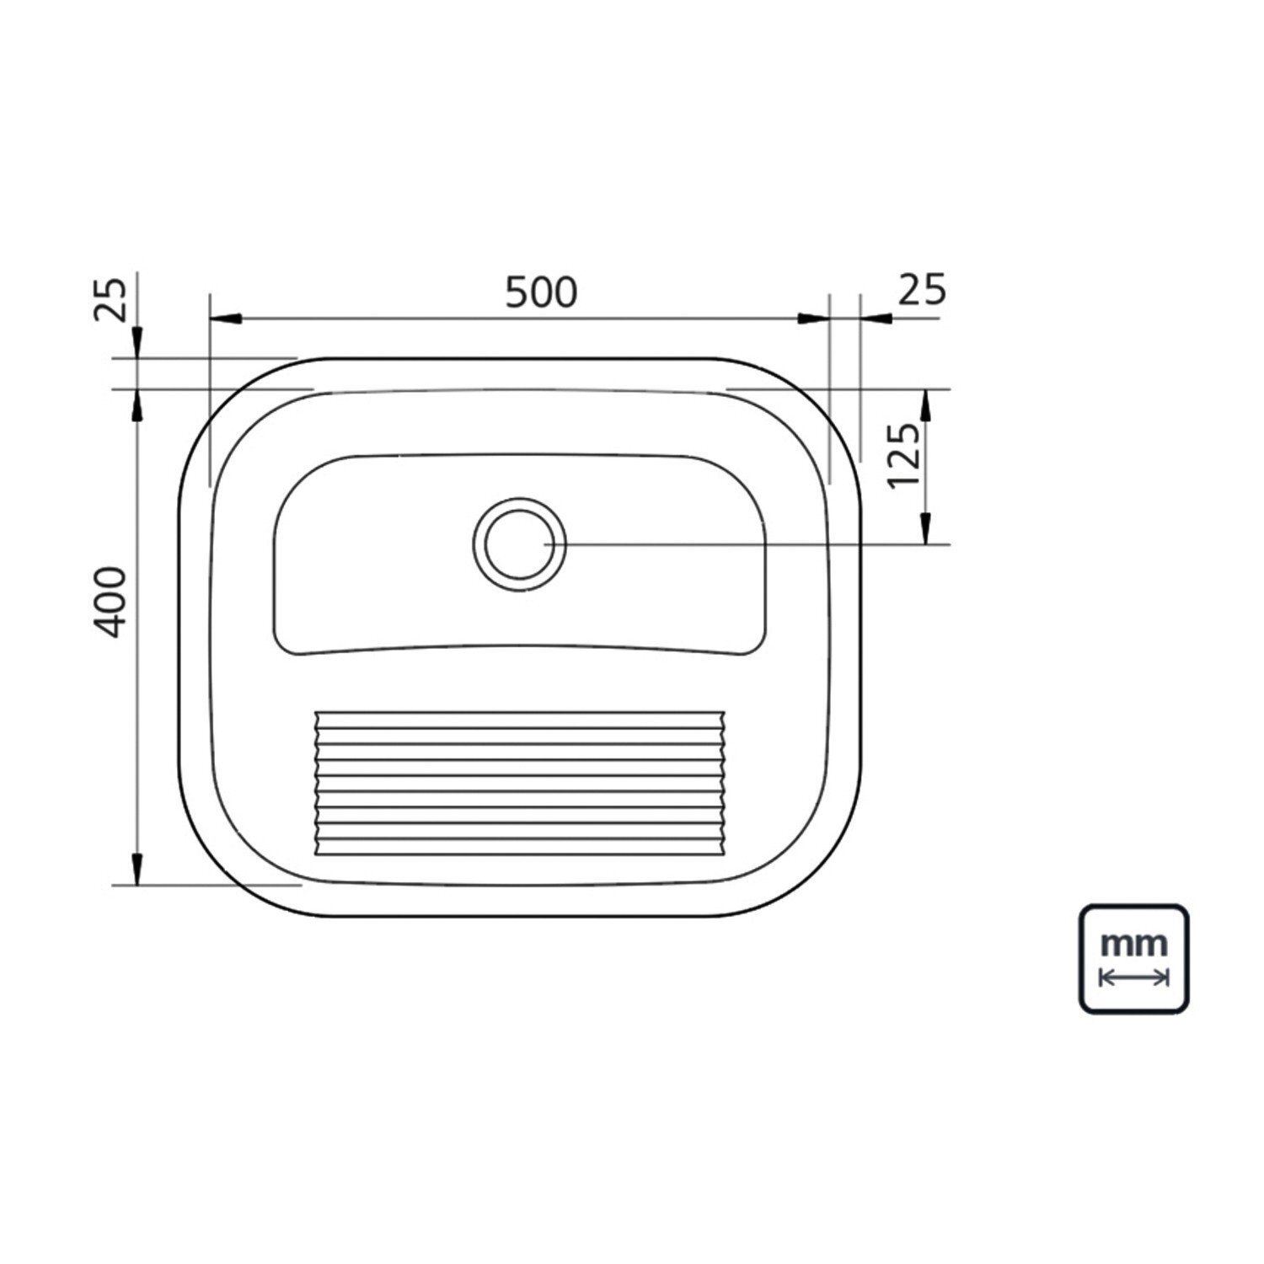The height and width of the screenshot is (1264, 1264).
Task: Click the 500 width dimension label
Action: [x=541, y=292]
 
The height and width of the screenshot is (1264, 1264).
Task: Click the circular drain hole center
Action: [x=519, y=544]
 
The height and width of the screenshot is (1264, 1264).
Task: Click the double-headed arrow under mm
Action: [x=1135, y=977]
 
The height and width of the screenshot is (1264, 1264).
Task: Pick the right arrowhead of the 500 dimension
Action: [x=814, y=319]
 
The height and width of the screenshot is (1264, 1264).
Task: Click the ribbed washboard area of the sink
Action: [x=519, y=784]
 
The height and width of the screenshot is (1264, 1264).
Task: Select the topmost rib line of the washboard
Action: [x=519, y=712]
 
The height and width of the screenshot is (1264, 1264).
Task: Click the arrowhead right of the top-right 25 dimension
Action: [x=876, y=319]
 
